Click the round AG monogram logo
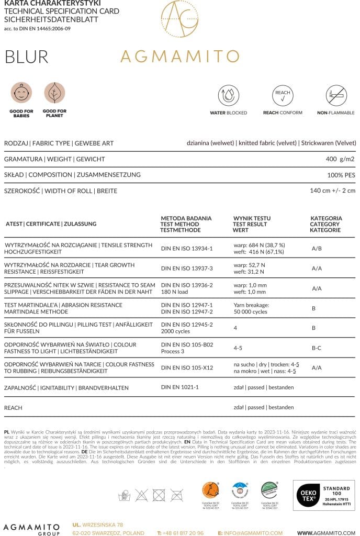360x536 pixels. click(x=179, y=19)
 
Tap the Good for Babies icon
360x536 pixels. click(x=21, y=93)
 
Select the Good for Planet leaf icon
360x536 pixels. click(x=54, y=93)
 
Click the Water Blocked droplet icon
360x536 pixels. click(x=228, y=96)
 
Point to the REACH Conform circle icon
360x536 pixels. click(x=282, y=96)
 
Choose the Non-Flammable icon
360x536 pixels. click(x=336, y=96)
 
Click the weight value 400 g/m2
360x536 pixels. click(x=340, y=159)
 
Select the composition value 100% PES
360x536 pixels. click(x=342, y=175)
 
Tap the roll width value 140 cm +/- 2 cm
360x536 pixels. click(x=332, y=191)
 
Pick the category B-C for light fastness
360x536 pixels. click(x=317, y=347)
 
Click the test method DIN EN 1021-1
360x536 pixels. click(x=180, y=387)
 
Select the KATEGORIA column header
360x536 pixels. click(x=326, y=218)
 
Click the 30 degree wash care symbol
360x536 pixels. click(x=124, y=495)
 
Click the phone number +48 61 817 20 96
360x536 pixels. click(x=183, y=533)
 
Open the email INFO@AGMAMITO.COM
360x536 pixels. click(x=253, y=533)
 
